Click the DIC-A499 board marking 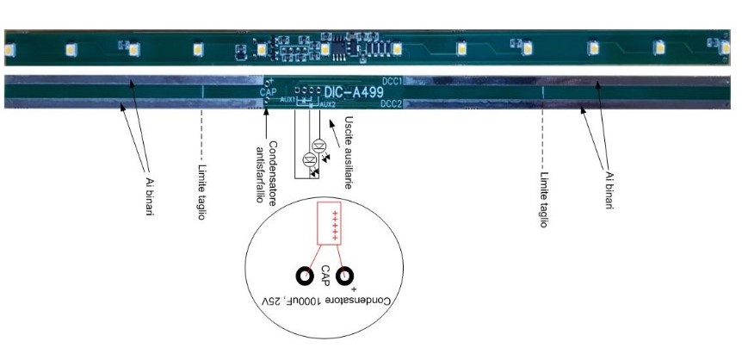(x=356, y=90)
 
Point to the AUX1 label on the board (x=288, y=100)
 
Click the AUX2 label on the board (x=328, y=103)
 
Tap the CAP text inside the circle (x=325, y=276)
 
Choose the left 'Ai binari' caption (x=149, y=190)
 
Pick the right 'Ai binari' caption (x=609, y=189)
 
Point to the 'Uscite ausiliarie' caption (x=349, y=152)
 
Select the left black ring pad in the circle (x=305, y=276)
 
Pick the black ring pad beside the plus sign (x=346, y=276)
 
